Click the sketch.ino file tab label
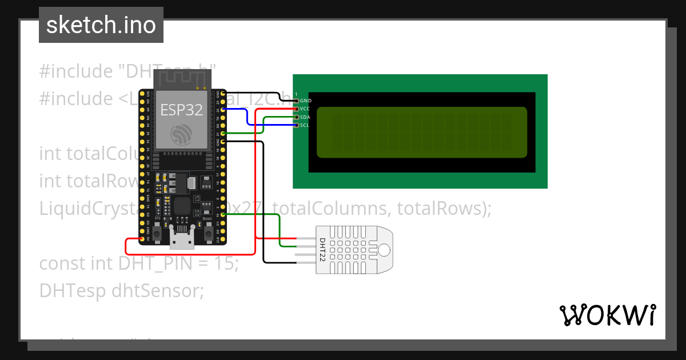(101, 26)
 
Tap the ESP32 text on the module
(181, 110)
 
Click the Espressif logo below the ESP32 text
(181, 135)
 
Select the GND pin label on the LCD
(306, 101)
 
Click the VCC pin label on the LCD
(306, 109)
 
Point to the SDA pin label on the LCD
(305, 117)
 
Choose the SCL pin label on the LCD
(305, 125)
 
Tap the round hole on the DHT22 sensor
(384, 250)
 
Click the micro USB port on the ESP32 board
(182, 240)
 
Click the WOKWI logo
(607, 315)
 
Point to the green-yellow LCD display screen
(421, 132)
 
